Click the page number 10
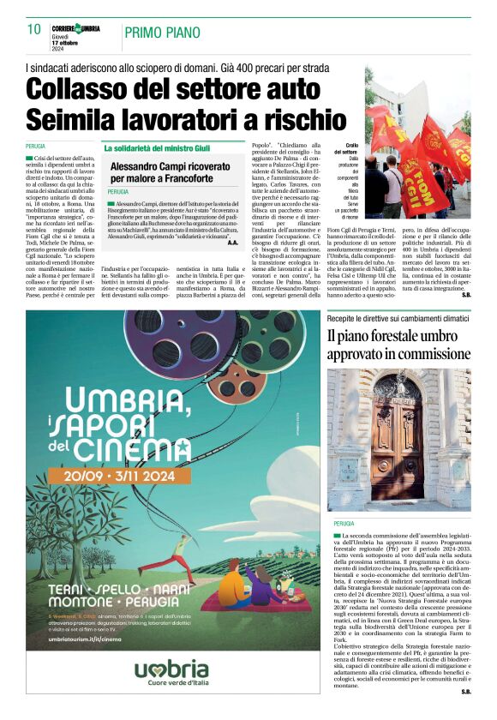coord(33,29)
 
